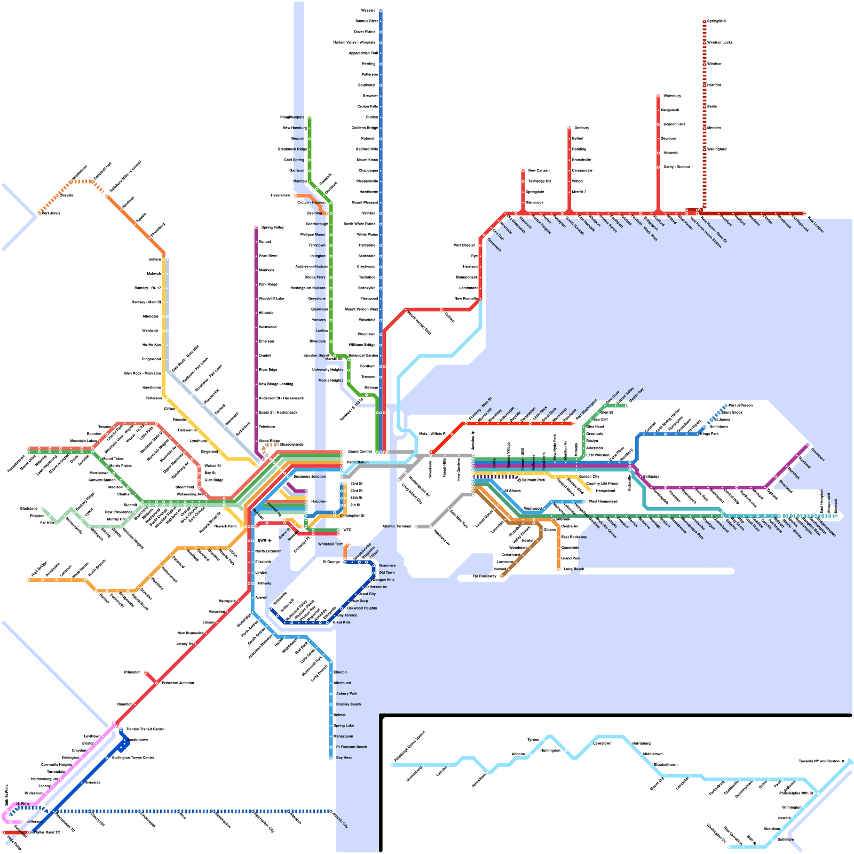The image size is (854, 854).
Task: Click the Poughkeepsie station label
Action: tap(292, 117)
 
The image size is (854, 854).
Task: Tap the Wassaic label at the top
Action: tap(368, 10)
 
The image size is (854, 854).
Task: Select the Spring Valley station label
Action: tap(272, 227)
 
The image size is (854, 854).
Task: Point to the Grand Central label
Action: tap(360, 452)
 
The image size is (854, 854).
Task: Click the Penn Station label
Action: tap(358, 462)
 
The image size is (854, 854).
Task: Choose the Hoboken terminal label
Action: tap(319, 501)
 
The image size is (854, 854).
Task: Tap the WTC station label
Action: tap(347, 530)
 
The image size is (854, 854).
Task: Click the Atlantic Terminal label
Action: tap(397, 526)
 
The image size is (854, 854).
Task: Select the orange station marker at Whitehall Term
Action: tap(348, 544)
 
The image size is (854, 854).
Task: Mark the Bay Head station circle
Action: tap(331, 757)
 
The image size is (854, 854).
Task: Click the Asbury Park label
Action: tap(346, 693)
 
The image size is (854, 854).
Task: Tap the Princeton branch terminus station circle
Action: tap(146, 672)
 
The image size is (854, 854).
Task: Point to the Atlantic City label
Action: tap(340, 820)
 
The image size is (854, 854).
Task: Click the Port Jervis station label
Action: tap(51, 213)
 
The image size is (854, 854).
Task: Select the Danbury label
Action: tap(582, 128)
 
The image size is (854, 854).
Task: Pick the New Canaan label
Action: tap(539, 170)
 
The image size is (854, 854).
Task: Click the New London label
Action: tap(816, 224)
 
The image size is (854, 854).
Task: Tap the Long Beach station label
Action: tap(574, 569)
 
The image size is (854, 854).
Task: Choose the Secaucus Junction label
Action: tap(310, 476)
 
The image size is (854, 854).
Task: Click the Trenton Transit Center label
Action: tap(145, 729)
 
